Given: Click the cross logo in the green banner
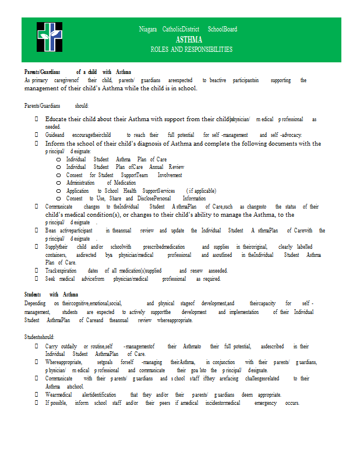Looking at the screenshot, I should coord(50,38).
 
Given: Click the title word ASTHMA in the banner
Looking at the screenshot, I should coord(188,40).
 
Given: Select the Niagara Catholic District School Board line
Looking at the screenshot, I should coord(188,29).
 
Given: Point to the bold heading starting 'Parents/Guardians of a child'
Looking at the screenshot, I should coord(77,72).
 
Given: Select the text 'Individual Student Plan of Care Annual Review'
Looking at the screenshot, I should coord(125,167).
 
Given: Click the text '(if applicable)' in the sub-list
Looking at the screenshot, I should coord(201,190).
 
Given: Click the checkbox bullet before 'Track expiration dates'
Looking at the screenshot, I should coord(37,271).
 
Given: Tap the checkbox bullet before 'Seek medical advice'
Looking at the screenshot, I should coord(37,279).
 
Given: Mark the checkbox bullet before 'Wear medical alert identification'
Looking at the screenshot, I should coord(37,394).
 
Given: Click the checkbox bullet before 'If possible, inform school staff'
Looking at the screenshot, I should coord(37,403).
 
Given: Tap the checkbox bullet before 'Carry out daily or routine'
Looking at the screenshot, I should coord(37,347).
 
